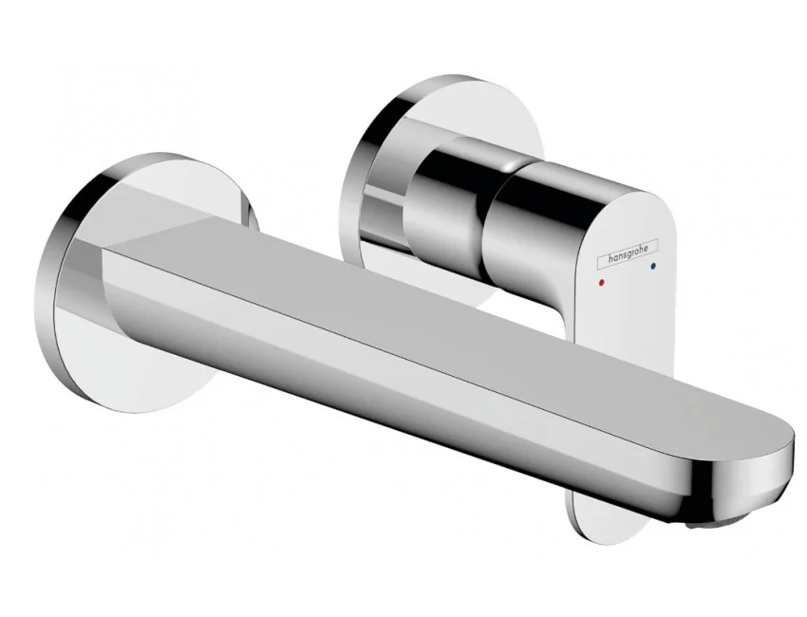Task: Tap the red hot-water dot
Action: coord(603,283)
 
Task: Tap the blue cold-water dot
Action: coord(653,267)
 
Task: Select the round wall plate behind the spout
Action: coord(149,283)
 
